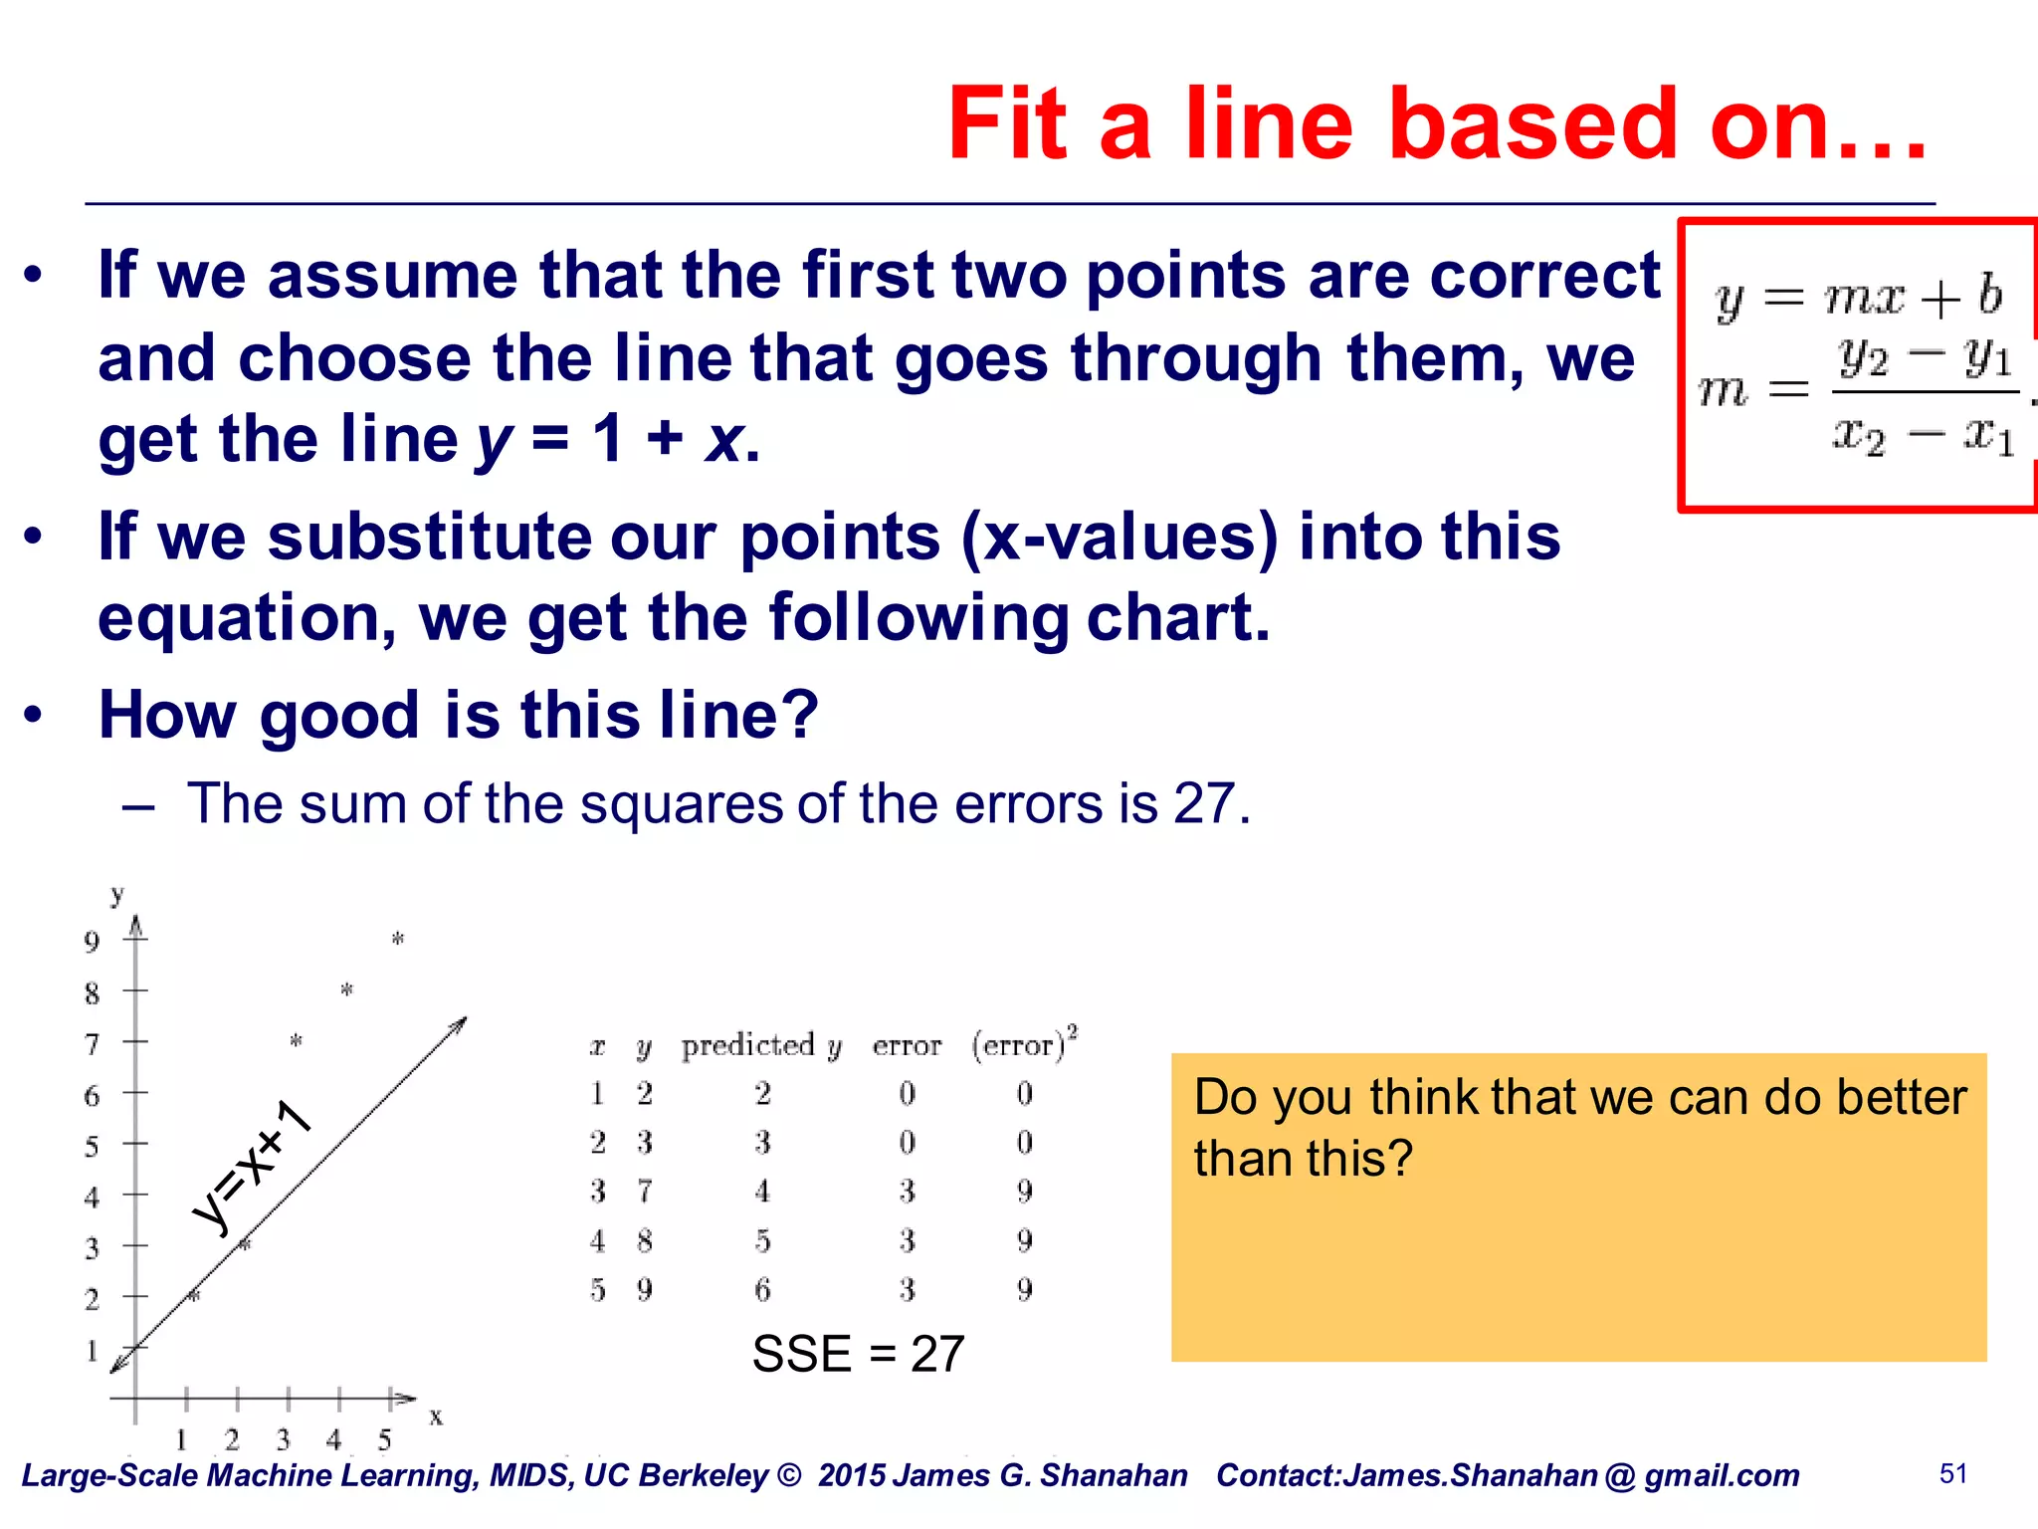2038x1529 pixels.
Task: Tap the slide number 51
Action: point(1953,1473)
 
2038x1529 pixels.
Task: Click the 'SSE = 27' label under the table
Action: point(858,1354)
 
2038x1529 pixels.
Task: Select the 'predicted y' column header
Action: point(761,1045)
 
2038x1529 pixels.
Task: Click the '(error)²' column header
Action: point(1024,1044)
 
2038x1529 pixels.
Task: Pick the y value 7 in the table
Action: point(645,1191)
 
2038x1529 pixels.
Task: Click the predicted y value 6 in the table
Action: point(762,1290)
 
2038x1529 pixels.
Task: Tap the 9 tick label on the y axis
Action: point(92,942)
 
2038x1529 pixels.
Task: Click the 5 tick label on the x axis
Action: point(385,1439)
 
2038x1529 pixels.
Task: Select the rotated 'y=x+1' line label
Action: point(253,1167)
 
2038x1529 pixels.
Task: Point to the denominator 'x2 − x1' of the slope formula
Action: point(1923,436)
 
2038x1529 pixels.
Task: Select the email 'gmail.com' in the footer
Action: point(1722,1475)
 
